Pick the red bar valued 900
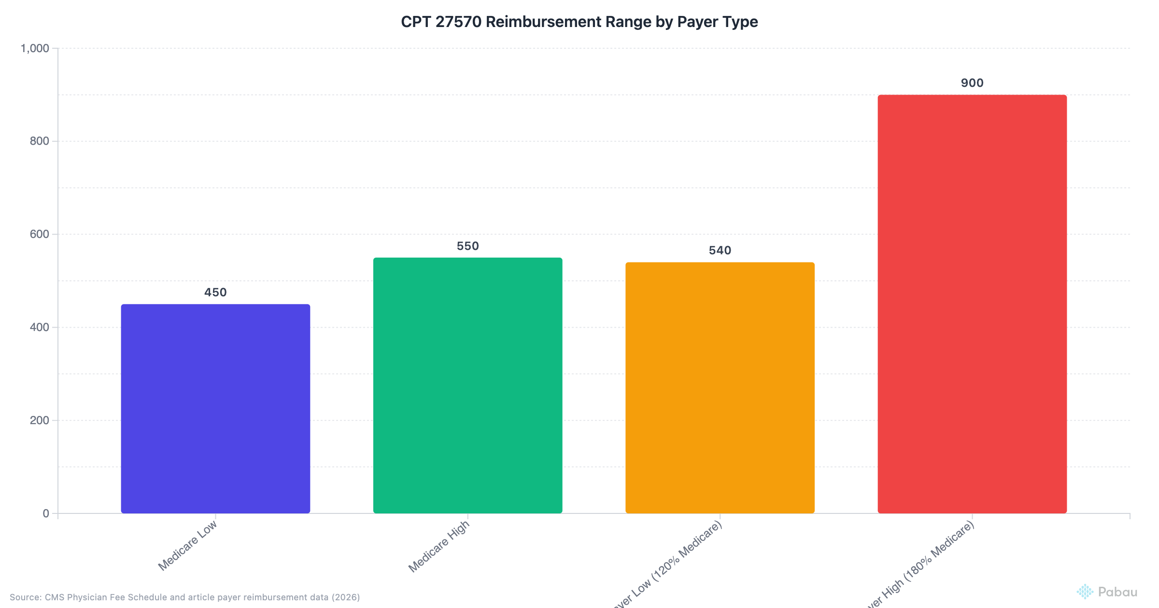[972, 304]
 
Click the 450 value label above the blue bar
[215, 292]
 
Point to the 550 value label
[467, 246]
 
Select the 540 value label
[720, 250]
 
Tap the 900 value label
[972, 83]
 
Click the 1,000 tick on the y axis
[35, 48]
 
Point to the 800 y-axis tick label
[40, 141]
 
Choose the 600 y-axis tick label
[40, 234]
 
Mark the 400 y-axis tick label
[40, 327]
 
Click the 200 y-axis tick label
[40, 420]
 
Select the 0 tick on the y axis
[46, 513]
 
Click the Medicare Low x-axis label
[188, 546]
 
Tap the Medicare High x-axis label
[439, 547]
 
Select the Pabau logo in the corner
[1107, 592]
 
